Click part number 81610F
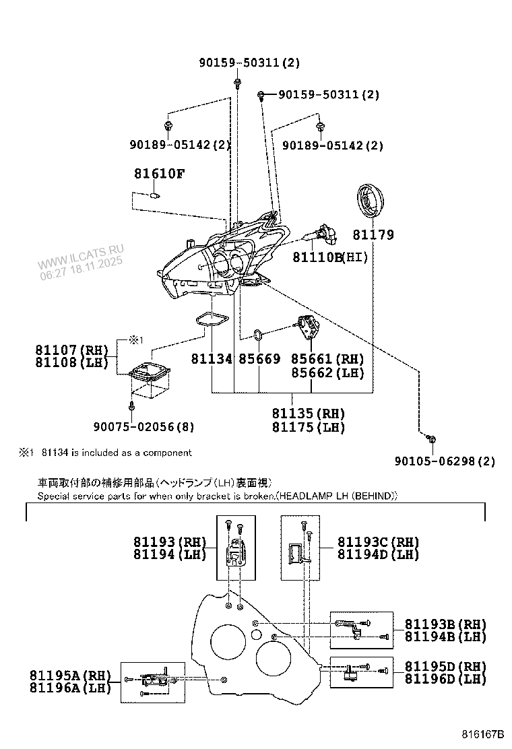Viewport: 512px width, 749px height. pyautogui.click(x=158, y=174)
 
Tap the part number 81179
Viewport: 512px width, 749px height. pyautogui.click(x=373, y=236)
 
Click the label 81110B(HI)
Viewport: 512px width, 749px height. pyautogui.click(x=330, y=257)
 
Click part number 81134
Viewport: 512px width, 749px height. pyautogui.click(x=211, y=360)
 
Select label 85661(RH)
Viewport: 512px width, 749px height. pyautogui.click(x=327, y=360)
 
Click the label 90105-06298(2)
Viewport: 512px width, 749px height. pyautogui.click(x=445, y=461)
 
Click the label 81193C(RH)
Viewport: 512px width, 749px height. pyautogui.click(x=378, y=542)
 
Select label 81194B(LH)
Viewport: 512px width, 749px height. pyautogui.click(x=445, y=637)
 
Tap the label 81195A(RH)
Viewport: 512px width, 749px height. pyautogui.click(x=71, y=675)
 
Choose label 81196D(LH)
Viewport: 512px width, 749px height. pyautogui.click(x=445, y=679)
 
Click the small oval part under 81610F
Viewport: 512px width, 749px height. pyautogui.click(x=154, y=196)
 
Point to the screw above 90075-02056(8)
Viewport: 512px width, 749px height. pyautogui.click(x=133, y=406)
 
